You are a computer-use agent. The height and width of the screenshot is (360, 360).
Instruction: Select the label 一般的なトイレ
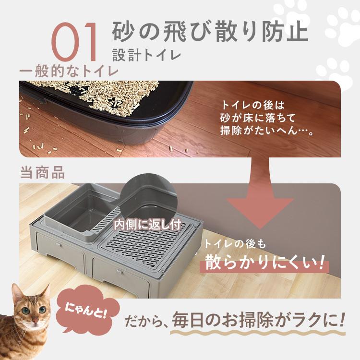69,72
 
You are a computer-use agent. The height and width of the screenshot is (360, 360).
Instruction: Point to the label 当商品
42,173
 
